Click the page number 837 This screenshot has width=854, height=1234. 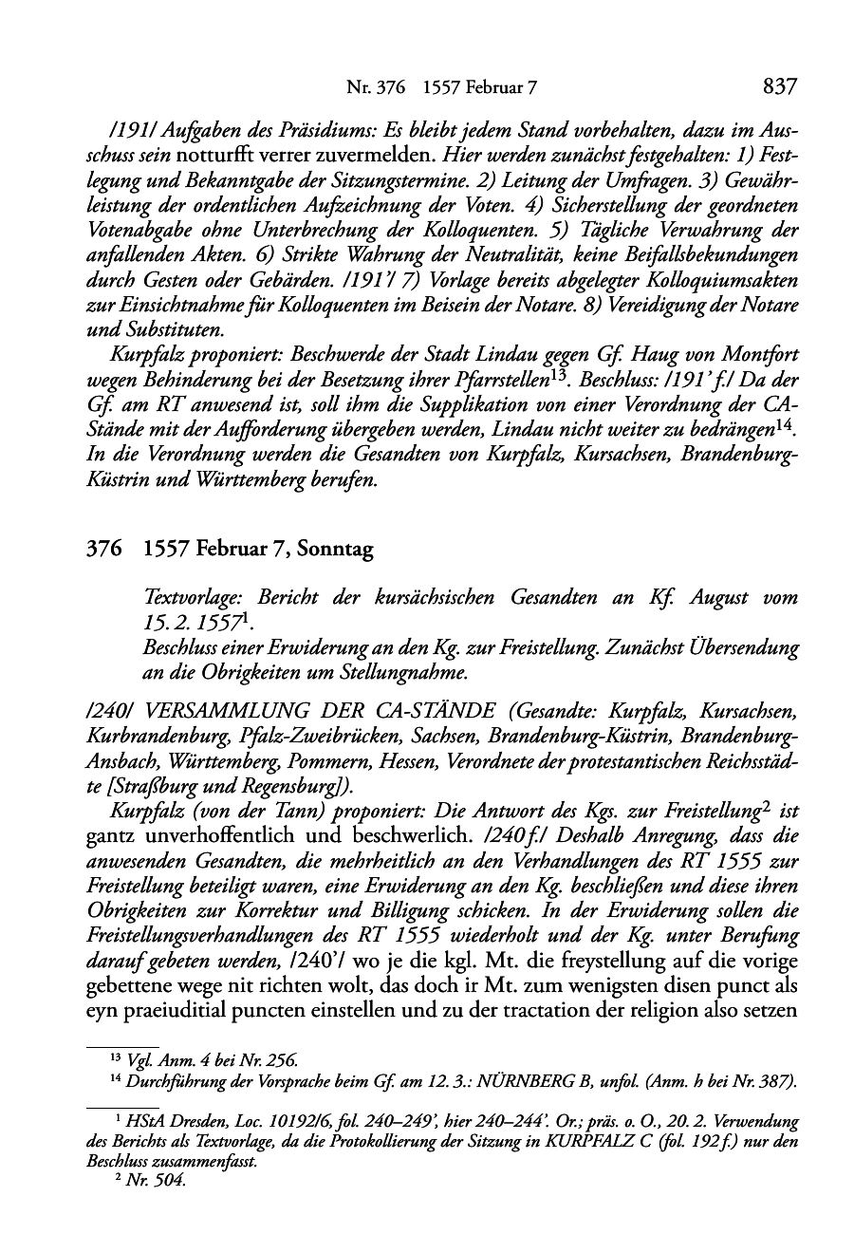[778, 87]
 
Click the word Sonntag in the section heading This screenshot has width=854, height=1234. [336, 549]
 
